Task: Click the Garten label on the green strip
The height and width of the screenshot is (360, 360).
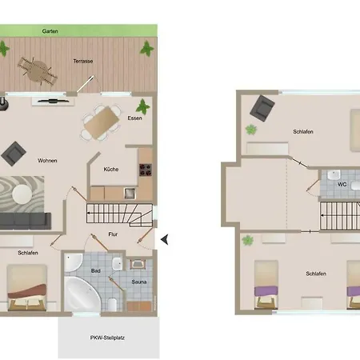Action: pos(50,31)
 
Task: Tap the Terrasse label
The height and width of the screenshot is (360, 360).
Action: pos(83,61)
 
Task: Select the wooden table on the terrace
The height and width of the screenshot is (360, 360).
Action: pos(38,71)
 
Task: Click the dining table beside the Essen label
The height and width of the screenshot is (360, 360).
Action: pos(102,122)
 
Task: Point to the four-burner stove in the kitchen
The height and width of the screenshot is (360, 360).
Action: pos(146,170)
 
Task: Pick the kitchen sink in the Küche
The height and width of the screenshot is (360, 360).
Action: pos(130,194)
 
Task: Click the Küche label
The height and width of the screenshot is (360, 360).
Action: pos(111,170)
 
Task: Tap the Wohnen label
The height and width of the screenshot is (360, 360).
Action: pos(47,161)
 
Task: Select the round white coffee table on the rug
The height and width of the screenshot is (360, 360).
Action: pos(22,194)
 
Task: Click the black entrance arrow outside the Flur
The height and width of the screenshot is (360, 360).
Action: pos(165,239)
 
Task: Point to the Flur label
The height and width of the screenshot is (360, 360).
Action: pos(113,234)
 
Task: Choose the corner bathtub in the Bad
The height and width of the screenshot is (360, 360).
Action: pos(82,294)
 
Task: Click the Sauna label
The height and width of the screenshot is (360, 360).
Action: pos(139,282)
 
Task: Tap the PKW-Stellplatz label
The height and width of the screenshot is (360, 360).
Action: pos(107,338)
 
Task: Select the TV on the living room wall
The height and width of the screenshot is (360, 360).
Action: pos(53,101)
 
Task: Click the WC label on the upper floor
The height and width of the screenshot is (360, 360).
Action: pos(342,184)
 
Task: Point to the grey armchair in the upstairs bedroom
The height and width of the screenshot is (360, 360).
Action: pos(262,108)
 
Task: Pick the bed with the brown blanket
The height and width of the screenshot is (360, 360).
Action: pos(27,287)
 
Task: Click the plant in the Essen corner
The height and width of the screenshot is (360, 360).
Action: pos(143,106)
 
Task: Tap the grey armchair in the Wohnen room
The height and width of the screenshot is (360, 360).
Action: pos(14,154)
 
